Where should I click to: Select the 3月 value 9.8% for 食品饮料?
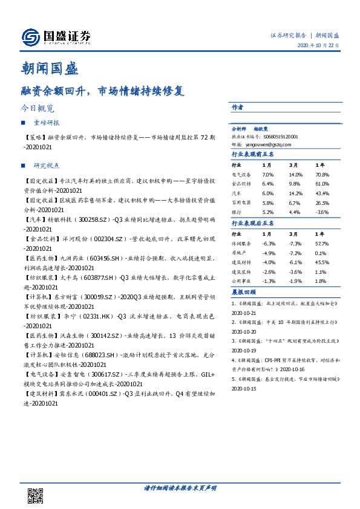point(295,183)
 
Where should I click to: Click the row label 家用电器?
point(242,203)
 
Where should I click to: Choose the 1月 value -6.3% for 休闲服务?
point(269,243)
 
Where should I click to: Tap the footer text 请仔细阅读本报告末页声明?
point(180,487)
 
